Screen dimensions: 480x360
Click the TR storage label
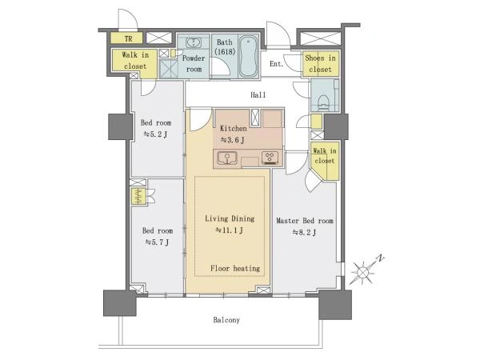pos(129,39)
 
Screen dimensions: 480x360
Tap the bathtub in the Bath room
pos(248,56)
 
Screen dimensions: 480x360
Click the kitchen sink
pos(227,158)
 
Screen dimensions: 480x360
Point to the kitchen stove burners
pos(270,158)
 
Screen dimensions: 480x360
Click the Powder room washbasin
pos(193,42)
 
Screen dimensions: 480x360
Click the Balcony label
pos(226,320)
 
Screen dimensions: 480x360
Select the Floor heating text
pos(235,269)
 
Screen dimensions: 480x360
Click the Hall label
pos(258,95)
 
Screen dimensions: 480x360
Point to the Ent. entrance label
pos(277,64)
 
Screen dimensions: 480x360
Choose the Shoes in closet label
pos(320,64)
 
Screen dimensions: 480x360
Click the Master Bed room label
pos(305,221)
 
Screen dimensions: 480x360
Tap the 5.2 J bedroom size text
pos(155,134)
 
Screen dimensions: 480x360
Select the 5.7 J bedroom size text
pos(157,242)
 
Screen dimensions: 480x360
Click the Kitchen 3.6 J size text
pos(232,140)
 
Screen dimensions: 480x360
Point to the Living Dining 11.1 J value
pos(230,230)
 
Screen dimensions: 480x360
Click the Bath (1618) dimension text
pos(225,51)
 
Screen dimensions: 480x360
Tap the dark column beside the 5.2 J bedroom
pos(121,126)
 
